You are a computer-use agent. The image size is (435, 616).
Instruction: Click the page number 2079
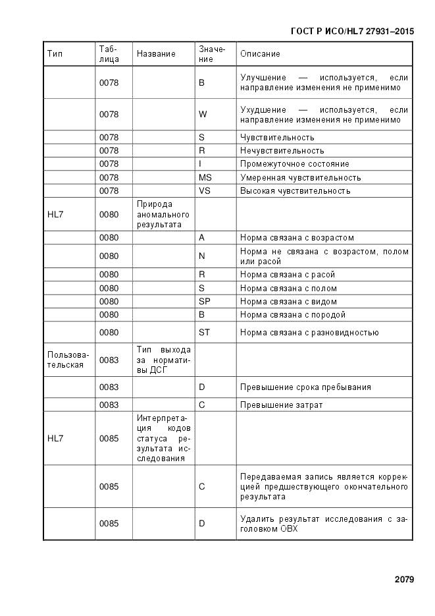tap(404, 580)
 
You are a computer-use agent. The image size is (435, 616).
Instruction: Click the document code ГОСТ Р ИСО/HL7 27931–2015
tap(351, 31)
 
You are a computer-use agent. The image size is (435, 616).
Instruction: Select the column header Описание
tap(260, 54)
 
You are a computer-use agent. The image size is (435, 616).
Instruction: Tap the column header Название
tap(156, 54)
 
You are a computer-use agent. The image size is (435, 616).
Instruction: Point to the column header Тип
tap(55, 54)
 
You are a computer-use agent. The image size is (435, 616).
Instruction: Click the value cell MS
tap(205, 178)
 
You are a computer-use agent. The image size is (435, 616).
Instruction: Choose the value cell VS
tap(205, 191)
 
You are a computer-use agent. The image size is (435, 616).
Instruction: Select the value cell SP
tap(204, 302)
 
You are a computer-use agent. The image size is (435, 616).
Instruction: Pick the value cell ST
tap(204, 333)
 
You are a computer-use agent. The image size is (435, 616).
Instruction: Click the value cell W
tap(203, 115)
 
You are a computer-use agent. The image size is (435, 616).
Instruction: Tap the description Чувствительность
tap(277, 138)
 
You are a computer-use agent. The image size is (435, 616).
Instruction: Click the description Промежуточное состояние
tap(294, 164)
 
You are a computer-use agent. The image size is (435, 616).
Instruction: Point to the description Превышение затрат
tap(281, 405)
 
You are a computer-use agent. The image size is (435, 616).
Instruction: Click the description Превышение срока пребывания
tap(305, 387)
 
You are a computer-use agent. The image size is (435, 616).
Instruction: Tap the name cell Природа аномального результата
tap(163, 214)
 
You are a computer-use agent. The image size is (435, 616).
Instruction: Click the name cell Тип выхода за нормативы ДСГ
tap(163, 360)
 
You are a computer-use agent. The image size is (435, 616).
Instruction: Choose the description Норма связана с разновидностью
tap(309, 333)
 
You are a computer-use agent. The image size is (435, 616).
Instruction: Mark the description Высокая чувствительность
tap(295, 191)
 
